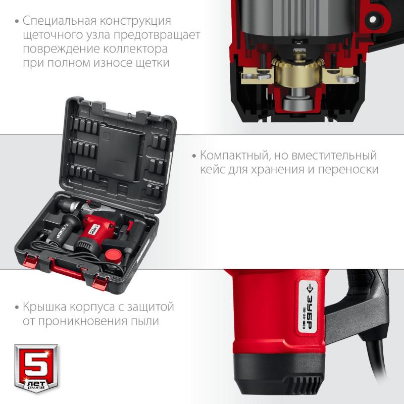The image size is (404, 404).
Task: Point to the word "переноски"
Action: (349, 170)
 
